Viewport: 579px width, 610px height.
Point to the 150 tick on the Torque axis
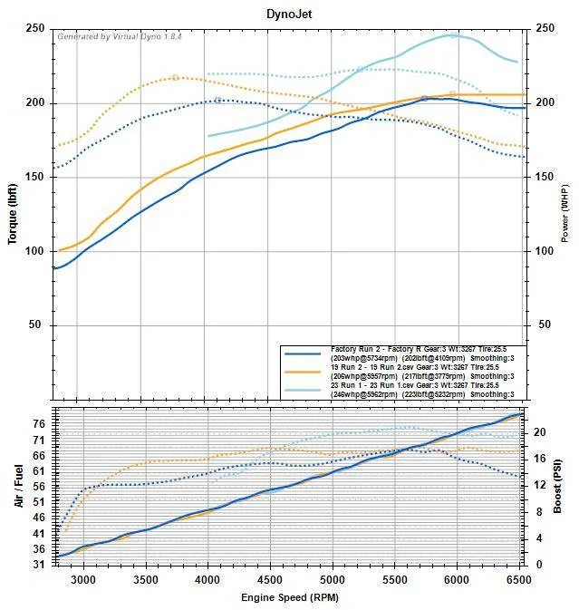36,177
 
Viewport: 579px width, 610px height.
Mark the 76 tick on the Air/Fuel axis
40,422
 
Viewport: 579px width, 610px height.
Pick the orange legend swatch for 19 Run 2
305,371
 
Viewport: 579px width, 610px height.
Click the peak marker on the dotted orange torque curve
176,78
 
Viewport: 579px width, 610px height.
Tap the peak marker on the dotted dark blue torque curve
218,100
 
